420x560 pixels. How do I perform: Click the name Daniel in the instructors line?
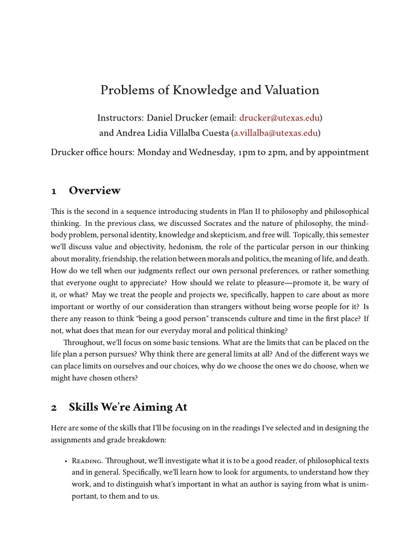click(x=164, y=118)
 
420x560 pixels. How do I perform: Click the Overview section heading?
click(x=95, y=191)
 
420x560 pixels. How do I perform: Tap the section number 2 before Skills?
click(x=54, y=407)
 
